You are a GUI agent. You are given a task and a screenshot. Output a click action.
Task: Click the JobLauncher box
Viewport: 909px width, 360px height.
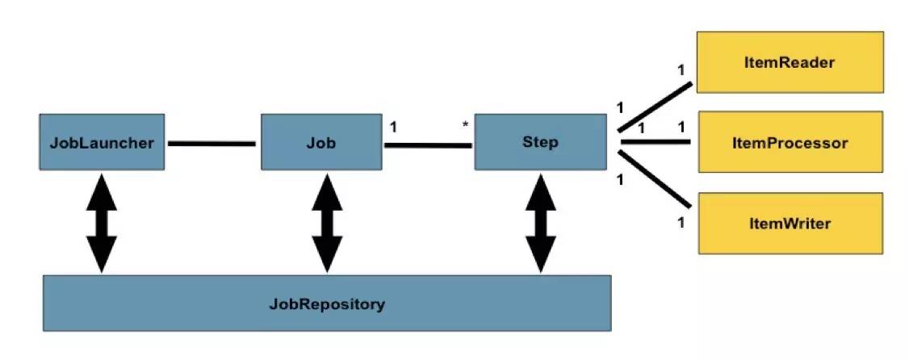(x=102, y=142)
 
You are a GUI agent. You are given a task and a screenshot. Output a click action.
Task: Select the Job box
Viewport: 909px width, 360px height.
(x=321, y=142)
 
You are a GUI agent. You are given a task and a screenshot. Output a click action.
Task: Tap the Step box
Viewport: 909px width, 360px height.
(x=540, y=142)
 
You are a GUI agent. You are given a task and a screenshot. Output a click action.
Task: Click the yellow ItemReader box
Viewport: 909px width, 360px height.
(x=790, y=62)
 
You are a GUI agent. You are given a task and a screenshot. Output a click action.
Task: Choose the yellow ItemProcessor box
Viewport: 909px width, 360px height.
(x=790, y=142)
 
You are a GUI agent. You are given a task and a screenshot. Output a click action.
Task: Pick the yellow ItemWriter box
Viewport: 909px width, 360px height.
(x=790, y=224)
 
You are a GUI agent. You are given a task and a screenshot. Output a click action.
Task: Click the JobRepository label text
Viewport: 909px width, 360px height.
(x=327, y=303)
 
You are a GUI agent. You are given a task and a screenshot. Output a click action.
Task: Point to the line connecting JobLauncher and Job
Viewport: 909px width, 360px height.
(x=212, y=143)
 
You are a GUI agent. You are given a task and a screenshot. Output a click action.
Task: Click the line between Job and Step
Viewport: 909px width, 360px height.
(x=428, y=145)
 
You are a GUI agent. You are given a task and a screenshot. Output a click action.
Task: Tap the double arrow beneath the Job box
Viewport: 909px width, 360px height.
(x=328, y=223)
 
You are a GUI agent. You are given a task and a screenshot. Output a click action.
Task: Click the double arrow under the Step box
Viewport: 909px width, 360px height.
(x=541, y=223)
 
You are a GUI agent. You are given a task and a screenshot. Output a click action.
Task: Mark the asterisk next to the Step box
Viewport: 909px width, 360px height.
(x=465, y=124)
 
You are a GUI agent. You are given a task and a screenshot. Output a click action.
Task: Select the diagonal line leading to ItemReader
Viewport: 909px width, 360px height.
(x=655, y=107)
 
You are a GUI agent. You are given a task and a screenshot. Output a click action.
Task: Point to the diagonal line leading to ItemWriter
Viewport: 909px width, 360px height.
(x=655, y=178)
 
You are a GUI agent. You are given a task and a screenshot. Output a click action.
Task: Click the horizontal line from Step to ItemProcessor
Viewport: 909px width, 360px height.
(x=656, y=141)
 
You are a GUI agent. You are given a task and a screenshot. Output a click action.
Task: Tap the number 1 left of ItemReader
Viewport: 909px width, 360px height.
(x=681, y=70)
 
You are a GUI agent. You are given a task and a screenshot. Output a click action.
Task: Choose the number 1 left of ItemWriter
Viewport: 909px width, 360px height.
(x=681, y=222)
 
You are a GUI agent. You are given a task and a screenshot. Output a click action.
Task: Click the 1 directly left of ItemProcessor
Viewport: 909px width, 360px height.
(x=681, y=127)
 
